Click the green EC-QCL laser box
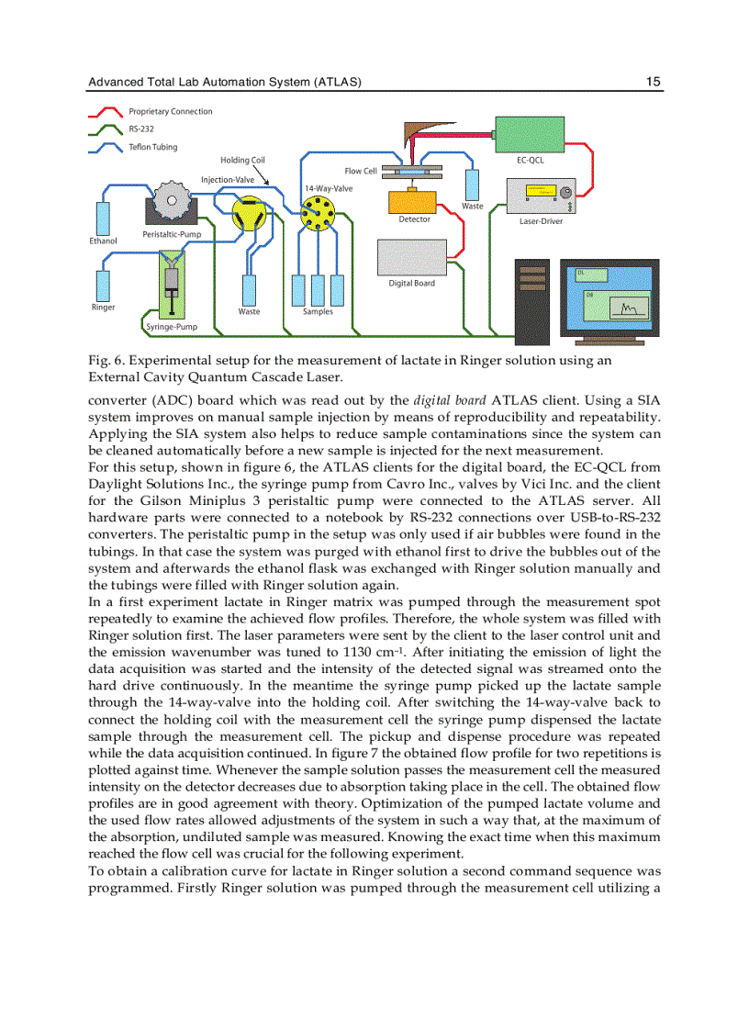(530, 134)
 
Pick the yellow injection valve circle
(248, 215)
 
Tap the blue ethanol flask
(103, 217)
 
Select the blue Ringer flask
(103, 285)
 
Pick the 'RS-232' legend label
(140, 129)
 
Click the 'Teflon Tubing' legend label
(152, 147)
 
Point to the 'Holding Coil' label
(242, 161)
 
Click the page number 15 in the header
(653, 82)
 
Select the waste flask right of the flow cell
(472, 184)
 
